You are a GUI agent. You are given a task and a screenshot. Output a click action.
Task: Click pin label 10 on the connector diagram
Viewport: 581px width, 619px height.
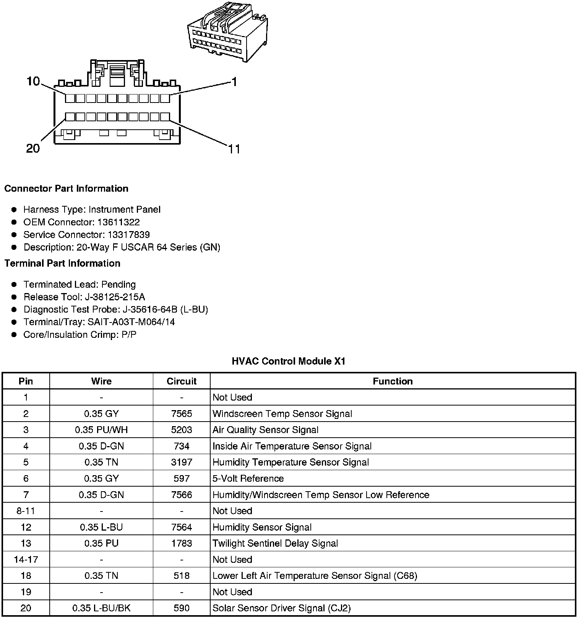pyautogui.click(x=33, y=81)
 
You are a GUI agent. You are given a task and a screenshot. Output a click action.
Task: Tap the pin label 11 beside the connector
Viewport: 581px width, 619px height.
pyautogui.click(x=234, y=149)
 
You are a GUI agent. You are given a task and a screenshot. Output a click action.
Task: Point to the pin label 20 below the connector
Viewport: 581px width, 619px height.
pyautogui.click(x=33, y=148)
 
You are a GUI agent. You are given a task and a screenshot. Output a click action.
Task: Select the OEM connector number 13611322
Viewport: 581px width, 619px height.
pyautogui.click(x=118, y=222)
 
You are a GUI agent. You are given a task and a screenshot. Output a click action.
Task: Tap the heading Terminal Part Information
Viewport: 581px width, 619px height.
pyautogui.click(x=62, y=263)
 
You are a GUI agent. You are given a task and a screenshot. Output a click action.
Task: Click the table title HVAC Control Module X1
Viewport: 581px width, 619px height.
pyautogui.click(x=289, y=361)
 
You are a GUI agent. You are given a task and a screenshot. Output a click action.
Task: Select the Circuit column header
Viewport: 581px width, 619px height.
pyautogui.click(x=182, y=381)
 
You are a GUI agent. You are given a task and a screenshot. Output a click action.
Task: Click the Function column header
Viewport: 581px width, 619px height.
pyautogui.click(x=393, y=381)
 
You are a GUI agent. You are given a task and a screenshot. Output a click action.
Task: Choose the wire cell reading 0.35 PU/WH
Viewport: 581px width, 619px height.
pyautogui.click(x=101, y=430)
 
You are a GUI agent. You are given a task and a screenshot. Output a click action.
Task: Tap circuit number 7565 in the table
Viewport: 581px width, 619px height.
pyautogui.click(x=182, y=414)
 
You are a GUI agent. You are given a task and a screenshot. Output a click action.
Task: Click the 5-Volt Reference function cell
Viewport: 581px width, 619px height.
pyautogui.click(x=248, y=479)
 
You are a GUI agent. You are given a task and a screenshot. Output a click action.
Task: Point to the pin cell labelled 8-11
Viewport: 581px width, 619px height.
pyautogui.click(x=26, y=511)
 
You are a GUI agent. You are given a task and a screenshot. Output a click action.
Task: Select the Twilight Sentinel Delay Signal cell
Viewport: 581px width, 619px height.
pyautogui.click(x=275, y=544)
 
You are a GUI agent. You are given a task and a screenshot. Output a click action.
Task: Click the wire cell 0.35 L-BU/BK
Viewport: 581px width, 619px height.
pyautogui.click(x=101, y=608)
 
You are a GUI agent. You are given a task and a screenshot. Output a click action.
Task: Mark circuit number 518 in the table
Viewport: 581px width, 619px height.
pyautogui.click(x=182, y=576)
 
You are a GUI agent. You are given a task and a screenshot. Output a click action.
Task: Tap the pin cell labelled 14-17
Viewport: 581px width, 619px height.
pyautogui.click(x=26, y=560)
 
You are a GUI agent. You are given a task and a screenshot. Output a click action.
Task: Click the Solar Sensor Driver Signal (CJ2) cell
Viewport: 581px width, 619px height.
pyautogui.click(x=281, y=608)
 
